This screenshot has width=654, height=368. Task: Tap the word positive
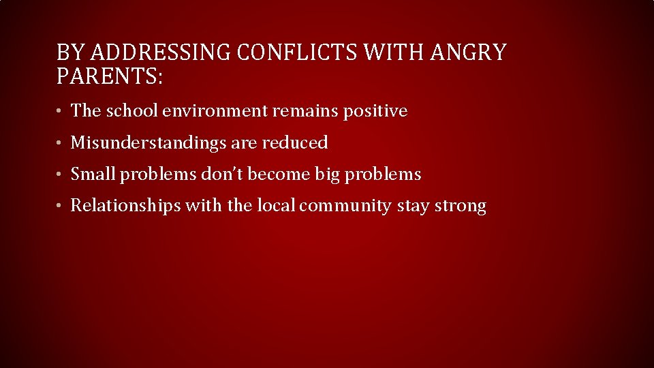[375, 110]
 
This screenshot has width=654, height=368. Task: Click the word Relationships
[125, 206]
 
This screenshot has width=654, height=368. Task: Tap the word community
[345, 206]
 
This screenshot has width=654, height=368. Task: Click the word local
[276, 206]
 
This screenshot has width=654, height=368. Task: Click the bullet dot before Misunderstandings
[61, 143]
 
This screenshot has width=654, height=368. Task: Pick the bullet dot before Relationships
[61, 206]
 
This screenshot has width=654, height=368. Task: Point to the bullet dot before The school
[61, 111]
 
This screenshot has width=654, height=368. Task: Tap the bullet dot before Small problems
[61, 175]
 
